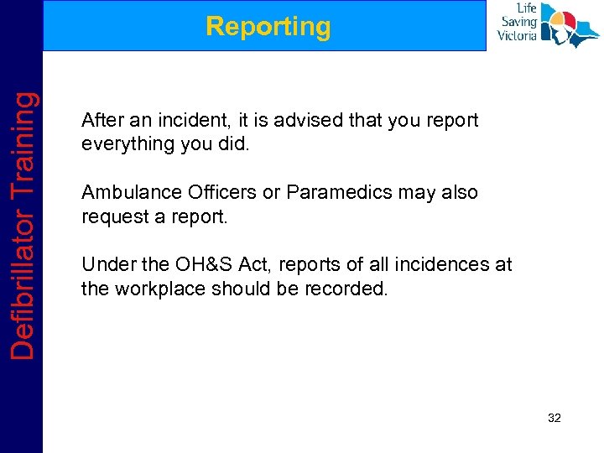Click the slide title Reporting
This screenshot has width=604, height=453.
coord(268,27)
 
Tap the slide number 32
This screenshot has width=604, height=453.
coord(554,417)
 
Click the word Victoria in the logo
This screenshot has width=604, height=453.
coord(517,36)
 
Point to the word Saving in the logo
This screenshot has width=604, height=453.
coord(518,23)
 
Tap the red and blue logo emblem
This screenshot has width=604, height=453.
coord(570,25)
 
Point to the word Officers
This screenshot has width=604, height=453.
coord(217,192)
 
